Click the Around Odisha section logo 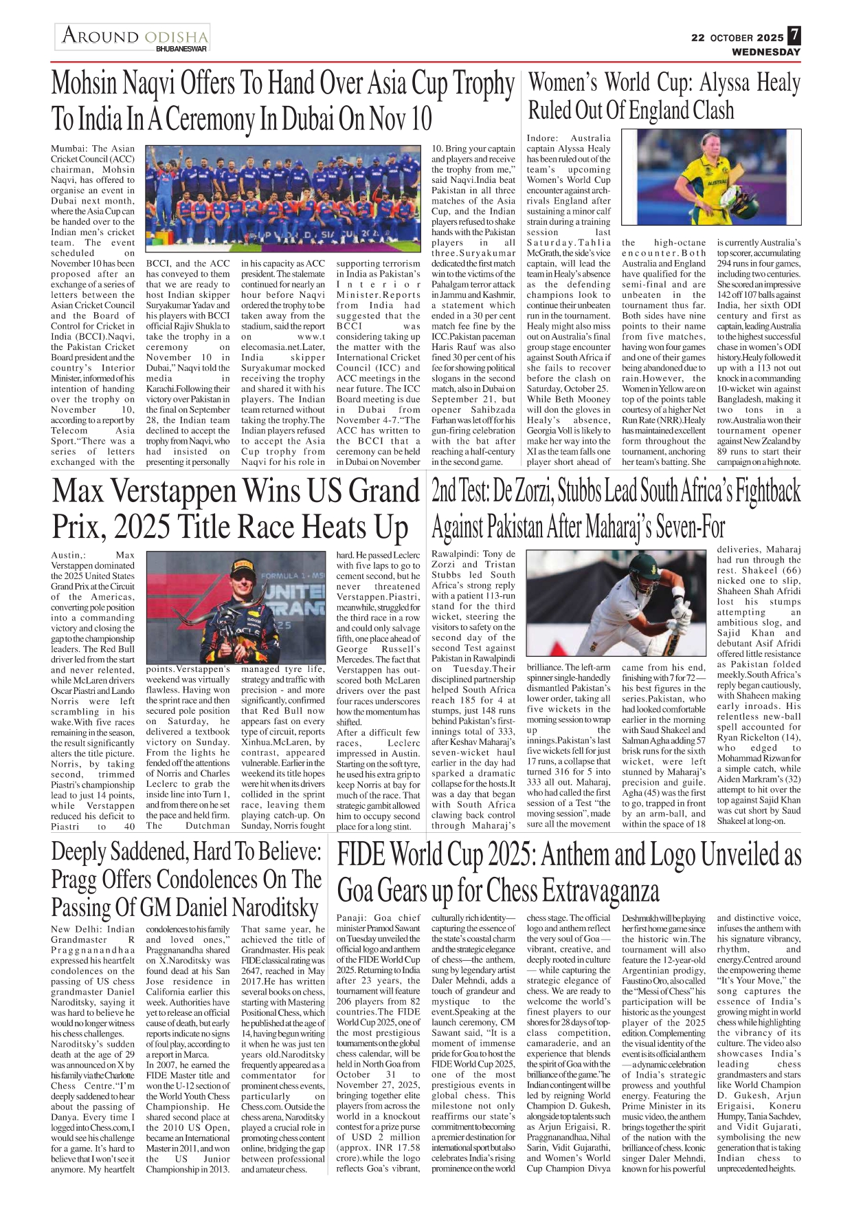(134, 36)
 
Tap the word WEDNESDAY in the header (765, 52)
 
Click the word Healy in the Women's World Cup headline (778, 83)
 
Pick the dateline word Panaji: (352, 917)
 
